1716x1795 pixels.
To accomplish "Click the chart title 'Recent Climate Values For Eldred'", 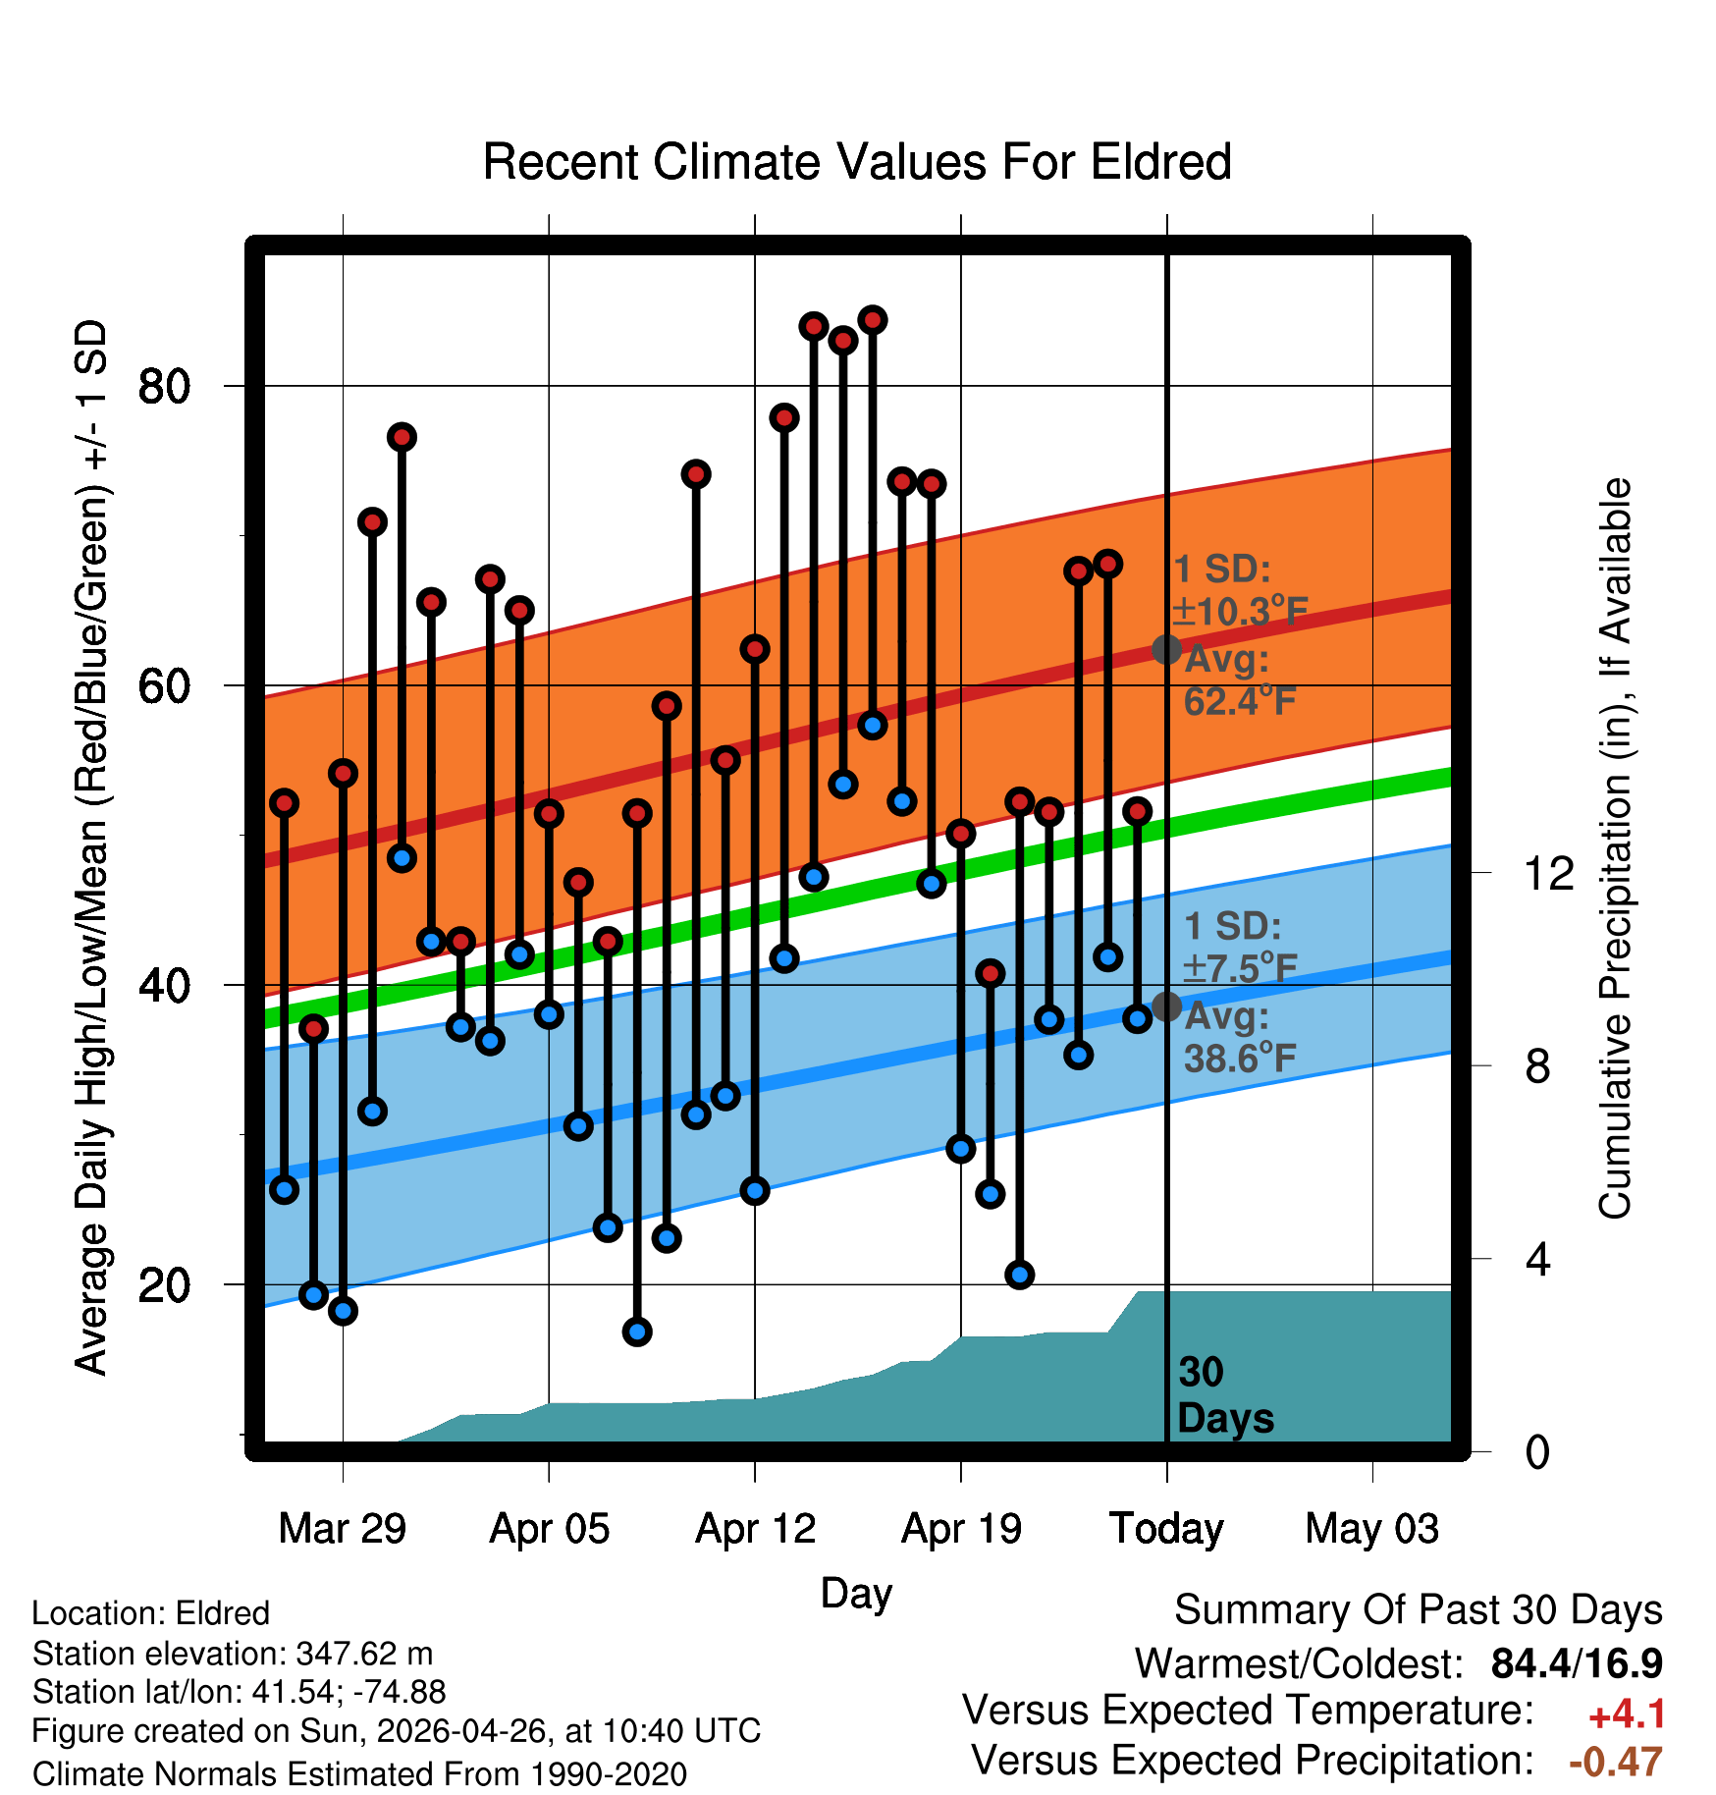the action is coord(857,162).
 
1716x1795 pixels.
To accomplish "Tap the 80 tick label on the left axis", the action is coord(164,387).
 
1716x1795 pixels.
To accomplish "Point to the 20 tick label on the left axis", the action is coord(164,1285).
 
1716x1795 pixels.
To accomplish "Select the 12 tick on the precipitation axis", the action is coord(1549,873).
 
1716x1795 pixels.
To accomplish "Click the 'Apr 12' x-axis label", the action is coord(755,1529).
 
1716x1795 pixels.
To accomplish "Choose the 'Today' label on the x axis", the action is coord(1166,1529).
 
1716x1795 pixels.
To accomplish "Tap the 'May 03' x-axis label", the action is coord(1372,1529).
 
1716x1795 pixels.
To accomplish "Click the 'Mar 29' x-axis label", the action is coord(343,1529).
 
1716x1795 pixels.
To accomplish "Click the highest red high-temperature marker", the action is coord(873,320).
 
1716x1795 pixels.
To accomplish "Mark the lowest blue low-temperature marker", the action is coord(637,1332).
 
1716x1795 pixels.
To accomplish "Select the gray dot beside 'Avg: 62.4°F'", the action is coord(1166,649).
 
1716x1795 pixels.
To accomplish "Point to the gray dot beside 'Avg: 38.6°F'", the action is coord(1166,1006).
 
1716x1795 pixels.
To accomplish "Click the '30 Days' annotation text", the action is coord(1225,1395).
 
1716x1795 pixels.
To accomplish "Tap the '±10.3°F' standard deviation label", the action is coord(1240,611).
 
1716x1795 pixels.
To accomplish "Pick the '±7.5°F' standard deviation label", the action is coord(1240,968).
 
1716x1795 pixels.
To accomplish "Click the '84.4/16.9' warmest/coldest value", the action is coord(1577,1663).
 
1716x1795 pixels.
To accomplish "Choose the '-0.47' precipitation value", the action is coord(1616,1762).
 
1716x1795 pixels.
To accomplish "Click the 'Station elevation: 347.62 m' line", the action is coord(233,1654).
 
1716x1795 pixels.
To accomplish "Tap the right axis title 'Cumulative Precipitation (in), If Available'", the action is coord(1615,848).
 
